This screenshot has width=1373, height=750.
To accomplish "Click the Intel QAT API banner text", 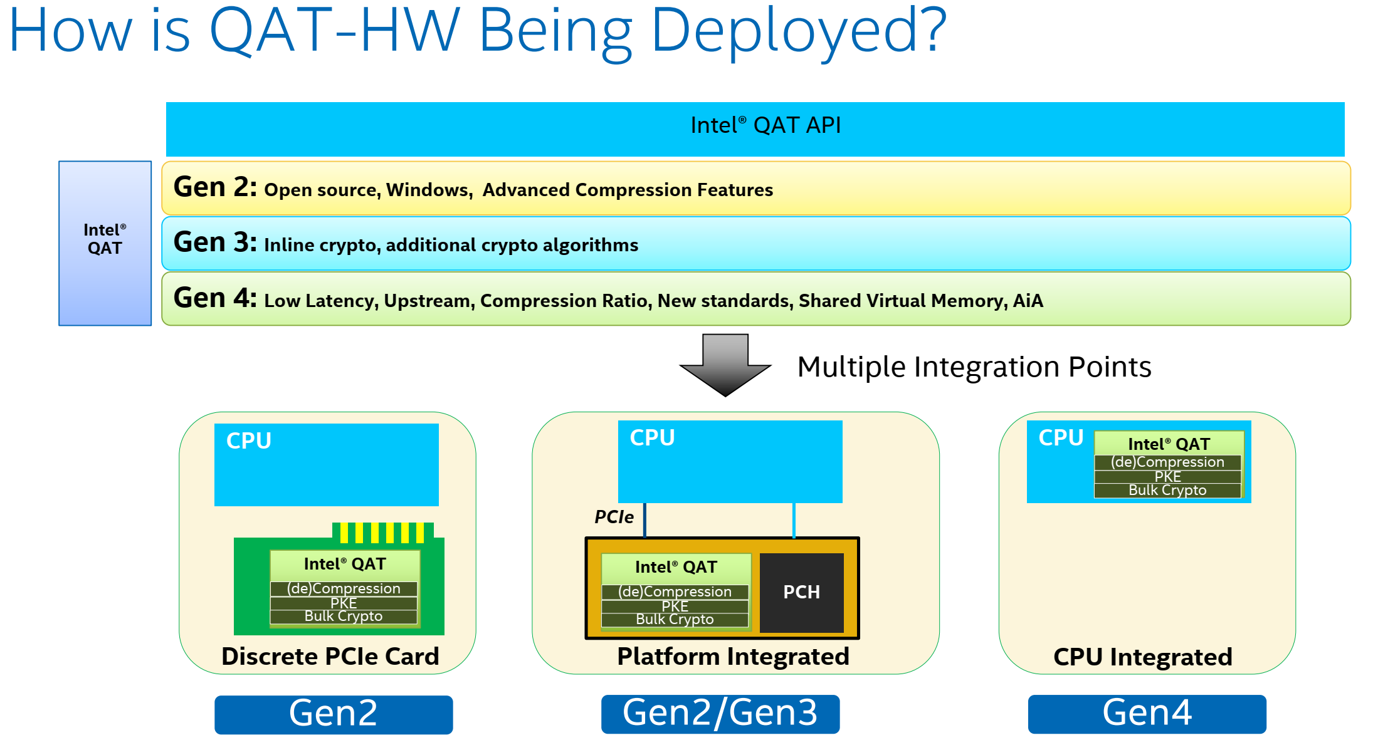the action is tap(765, 125).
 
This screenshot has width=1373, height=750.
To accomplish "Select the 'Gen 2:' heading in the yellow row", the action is tap(215, 187).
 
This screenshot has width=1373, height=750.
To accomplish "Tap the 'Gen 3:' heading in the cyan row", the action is tap(215, 242).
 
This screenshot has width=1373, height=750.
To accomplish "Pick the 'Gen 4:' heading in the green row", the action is tap(215, 298).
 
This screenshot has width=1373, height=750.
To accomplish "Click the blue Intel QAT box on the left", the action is tap(105, 243).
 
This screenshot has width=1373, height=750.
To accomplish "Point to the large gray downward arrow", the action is tap(725, 365).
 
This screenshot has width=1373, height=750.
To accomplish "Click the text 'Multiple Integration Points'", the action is tap(974, 367).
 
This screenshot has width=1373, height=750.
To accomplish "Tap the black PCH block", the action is tap(802, 592).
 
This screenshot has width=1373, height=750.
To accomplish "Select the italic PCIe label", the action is tap(614, 517).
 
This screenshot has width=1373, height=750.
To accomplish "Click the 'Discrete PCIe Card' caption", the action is tap(330, 656).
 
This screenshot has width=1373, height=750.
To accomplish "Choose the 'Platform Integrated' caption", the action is tap(733, 656).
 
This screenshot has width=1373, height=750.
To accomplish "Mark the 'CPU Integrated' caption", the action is tap(1143, 657).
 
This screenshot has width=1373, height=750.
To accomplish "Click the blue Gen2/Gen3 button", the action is tap(720, 714).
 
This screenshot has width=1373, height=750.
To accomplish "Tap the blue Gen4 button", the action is tap(1147, 714).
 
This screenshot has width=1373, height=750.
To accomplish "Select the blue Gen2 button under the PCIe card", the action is tap(334, 714).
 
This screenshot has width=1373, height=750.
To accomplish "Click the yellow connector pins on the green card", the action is tap(383, 533).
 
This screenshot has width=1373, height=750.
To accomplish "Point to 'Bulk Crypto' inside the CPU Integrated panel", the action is tap(1167, 491).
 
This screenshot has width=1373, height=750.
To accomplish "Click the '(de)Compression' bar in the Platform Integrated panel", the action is tap(675, 591).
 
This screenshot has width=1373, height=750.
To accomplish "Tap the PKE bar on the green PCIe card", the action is tap(344, 603).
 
